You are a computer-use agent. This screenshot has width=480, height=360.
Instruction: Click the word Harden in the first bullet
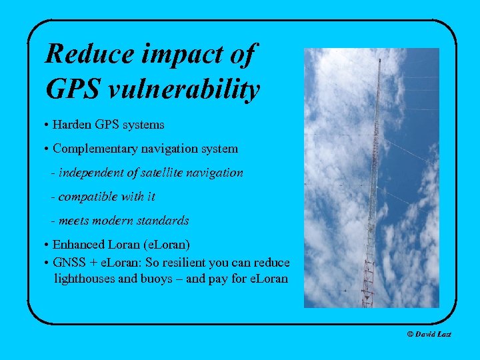pos(72,125)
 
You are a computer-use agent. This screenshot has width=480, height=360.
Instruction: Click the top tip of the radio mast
pos(379,59)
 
